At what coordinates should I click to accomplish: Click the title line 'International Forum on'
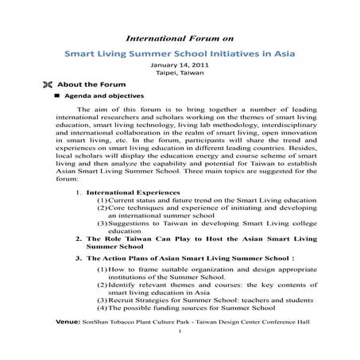[179, 38]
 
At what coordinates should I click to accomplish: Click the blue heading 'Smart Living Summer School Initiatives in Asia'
[179, 54]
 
